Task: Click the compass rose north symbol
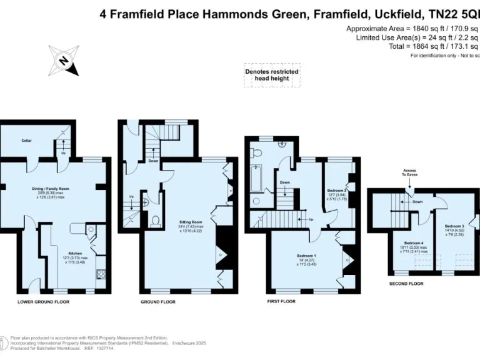(x=63, y=60)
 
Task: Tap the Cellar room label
(x=26, y=141)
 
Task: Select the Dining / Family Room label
(x=51, y=188)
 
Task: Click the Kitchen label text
(x=75, y=253)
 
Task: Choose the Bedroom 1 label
(x=306, y=255)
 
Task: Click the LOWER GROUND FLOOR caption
(x=43, y=302)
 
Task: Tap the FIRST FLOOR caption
(x=276, y=301)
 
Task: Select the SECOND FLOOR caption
(x=406, y=283)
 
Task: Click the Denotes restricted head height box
(x=271, y=75)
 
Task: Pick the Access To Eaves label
(x=410, y=172)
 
